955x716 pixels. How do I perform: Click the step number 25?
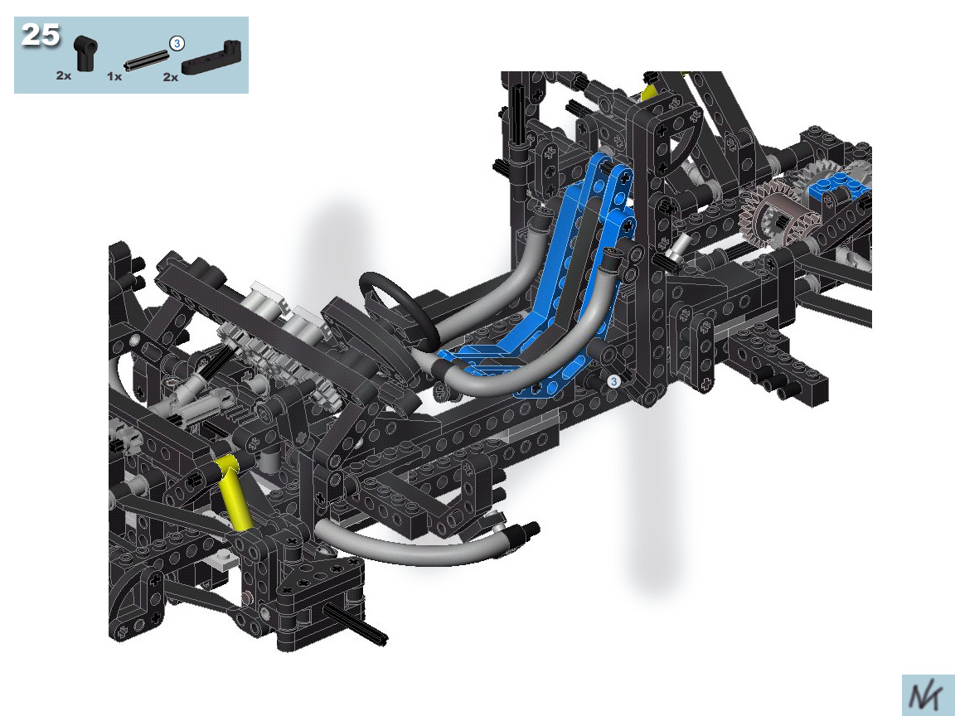(41, 35)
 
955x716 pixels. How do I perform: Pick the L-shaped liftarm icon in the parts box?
(211, 56)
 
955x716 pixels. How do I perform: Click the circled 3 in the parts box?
(177, 43)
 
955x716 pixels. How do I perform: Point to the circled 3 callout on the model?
(614, 381)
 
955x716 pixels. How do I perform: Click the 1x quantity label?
(114, 77)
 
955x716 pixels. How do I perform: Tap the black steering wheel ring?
(398, 307)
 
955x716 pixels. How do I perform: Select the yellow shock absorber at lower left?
(233, 492)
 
